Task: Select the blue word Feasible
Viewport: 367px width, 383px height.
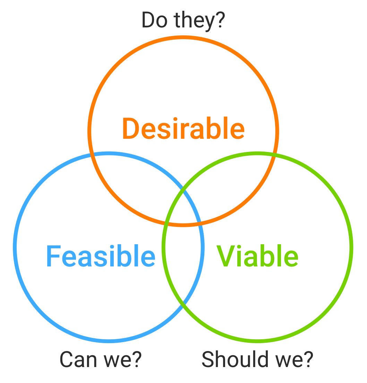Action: [x=101, y=257]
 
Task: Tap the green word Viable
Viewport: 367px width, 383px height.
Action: [x=257, y=257]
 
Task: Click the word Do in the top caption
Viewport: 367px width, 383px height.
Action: [x=153, y=20]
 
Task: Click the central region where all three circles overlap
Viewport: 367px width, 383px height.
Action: [x=183, y=210]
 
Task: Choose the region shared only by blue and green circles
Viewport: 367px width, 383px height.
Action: [x=183, y=264]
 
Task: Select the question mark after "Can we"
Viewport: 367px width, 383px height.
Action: [x=137, y=359]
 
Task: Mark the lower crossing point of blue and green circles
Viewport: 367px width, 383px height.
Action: [x=183, y=305]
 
